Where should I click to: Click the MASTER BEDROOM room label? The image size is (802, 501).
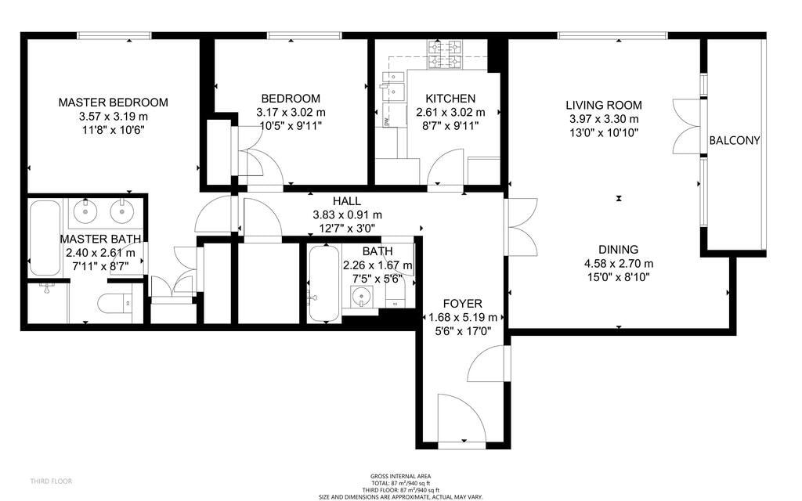113,103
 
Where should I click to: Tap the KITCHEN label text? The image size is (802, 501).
450,98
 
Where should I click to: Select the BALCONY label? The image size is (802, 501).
735,140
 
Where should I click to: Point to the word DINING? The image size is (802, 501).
619,250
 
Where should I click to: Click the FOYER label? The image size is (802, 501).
462,303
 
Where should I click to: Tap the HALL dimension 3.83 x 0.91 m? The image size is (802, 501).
347,214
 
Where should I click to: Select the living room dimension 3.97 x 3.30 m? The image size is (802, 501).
604,119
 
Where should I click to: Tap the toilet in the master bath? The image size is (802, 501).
114,305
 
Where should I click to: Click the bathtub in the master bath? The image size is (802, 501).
45,238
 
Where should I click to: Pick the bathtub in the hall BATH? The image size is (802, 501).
324,283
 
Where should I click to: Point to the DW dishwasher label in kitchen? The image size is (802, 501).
387,121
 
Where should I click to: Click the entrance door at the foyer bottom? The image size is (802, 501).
461,419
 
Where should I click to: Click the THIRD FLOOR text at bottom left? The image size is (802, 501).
51,481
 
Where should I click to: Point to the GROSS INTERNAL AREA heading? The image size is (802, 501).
400,477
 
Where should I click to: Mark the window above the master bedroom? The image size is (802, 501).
114,35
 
